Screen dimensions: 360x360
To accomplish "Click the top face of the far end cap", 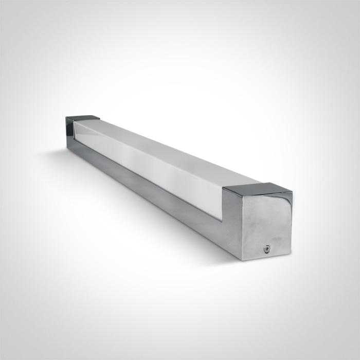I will pyautogui.click(x=83, y=118).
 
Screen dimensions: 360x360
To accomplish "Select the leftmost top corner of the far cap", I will pyautogui.click(x=66, y=118).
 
